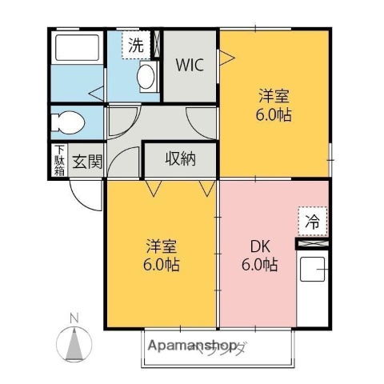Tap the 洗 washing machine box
[137, 45]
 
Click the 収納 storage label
[180, 159]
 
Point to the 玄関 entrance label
[87, 162]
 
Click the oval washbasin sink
[146, 77]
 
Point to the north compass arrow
[74, 343]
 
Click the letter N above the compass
[74, 318]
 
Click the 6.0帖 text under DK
[261, 264]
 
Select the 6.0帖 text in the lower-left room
[162, 264]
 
